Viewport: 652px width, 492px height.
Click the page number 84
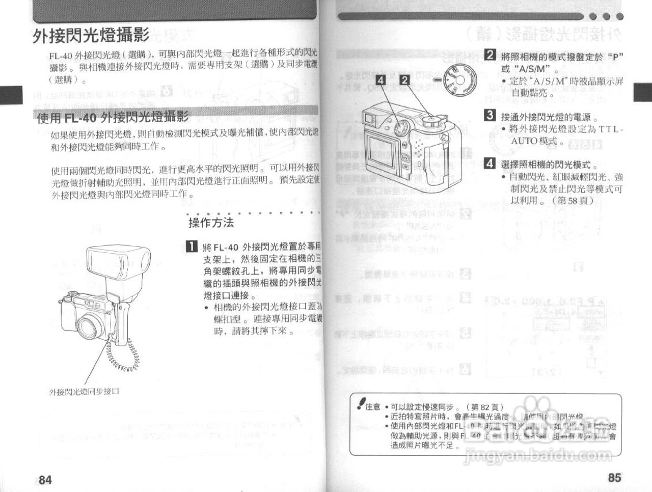click(x=45, y=479)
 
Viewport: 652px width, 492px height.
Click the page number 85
click(x=614, y=477)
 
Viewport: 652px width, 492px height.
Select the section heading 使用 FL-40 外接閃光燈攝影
click(x=113, y=118)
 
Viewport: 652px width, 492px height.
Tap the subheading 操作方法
click(x=211, y=223)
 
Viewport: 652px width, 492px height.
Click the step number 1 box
click(x=191, y=248)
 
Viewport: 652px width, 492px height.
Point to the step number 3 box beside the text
click(x=490, y=115)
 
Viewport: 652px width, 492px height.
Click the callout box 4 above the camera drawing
click(x=381, y=80)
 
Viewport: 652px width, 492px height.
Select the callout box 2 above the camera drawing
click(x=404, y=80)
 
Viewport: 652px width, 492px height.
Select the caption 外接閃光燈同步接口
click(x=84, y=392)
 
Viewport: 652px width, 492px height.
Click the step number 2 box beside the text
click(x=490, y=56)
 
